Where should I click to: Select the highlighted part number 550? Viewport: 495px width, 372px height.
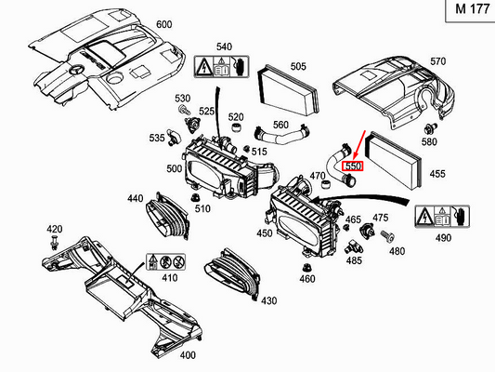tap(353, 166)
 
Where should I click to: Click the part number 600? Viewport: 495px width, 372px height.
tap(163, 23)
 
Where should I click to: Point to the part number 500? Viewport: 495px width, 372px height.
tap(175, 168)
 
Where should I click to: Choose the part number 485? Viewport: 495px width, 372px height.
tap(354, 261)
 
